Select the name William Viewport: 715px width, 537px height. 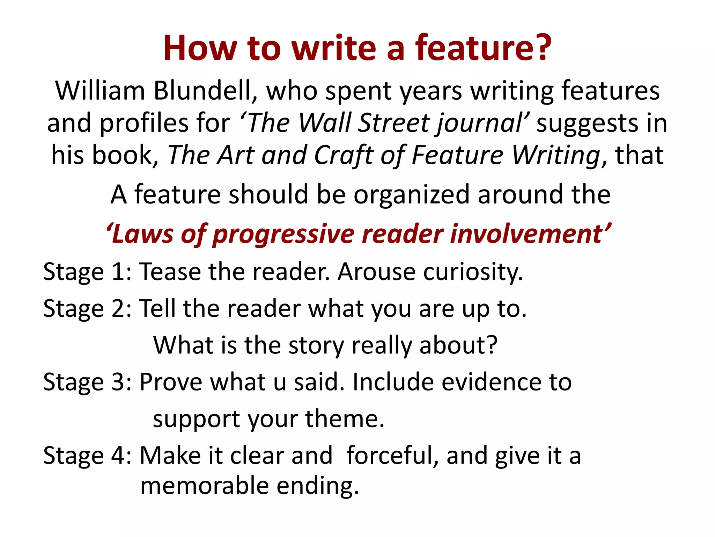(100, 91)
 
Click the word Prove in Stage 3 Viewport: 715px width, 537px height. (171, 382)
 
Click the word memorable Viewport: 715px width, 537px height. (204, 486)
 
